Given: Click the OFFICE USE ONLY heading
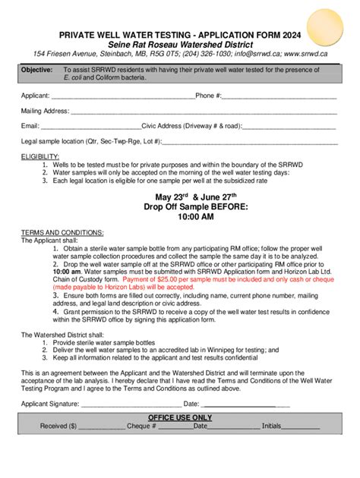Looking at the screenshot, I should [180, 418].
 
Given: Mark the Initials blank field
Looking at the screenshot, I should [302, 427].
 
